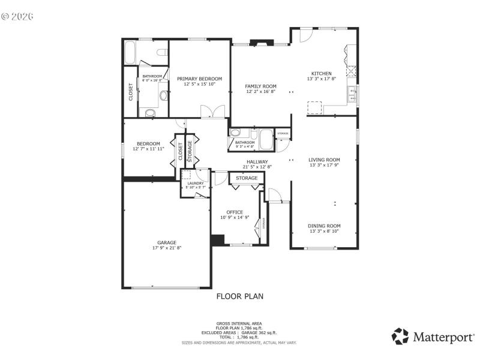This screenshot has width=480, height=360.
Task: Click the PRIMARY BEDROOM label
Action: (x=199, y=79)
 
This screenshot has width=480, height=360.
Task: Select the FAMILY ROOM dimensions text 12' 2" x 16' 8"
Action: (x=261, y=92)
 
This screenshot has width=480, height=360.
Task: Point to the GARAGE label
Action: (x=166, y=242)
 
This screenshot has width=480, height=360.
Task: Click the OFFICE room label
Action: (x=235, y=212)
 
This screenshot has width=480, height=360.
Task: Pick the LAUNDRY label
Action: (x=196, y=183)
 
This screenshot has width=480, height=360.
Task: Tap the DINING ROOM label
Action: (x=325, y=226)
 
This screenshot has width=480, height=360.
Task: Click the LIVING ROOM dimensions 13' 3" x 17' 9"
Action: (x=325, y=166)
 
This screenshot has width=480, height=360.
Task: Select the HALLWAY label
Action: (x=257, y=161)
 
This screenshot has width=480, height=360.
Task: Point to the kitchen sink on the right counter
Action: (x=353, y=93)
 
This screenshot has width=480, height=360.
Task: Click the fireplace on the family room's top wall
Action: (x=261, y=43)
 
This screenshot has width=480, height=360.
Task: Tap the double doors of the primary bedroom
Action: (x=212, y=112)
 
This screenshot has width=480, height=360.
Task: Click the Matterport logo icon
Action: (x=400, y=336)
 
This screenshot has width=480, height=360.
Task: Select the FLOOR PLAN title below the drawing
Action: (x=239, y=296)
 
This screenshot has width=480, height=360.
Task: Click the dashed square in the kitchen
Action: (x=314, y=107)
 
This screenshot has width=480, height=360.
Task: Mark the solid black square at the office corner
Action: (x=217, y=239)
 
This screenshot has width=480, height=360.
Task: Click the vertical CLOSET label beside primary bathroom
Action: (x=131, y=91)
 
